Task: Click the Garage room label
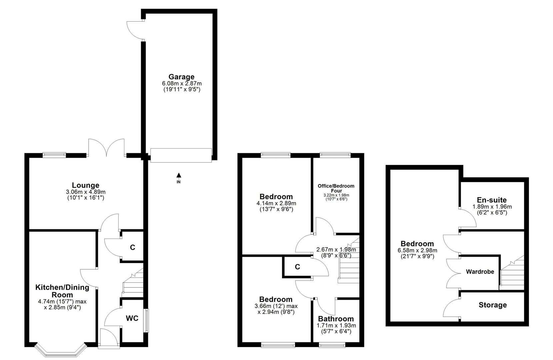(181, 77)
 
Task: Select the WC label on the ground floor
(132, 318)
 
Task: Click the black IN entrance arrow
(179, 175)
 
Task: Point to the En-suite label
(492, 200)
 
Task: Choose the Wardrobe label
(480, 272)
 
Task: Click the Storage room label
(493, 305)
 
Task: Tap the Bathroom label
(336, 319)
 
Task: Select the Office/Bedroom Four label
(336, 188)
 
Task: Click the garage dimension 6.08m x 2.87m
(182, 83)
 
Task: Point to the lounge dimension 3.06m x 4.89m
(86, 192)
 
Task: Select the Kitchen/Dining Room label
(62, 291)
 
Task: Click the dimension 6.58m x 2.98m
(417, 250)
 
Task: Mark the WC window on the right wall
(146, 320)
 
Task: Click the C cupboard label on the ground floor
(132, 247)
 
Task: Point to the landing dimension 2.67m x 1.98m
(336, 249)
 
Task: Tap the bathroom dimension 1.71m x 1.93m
(336, 326)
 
